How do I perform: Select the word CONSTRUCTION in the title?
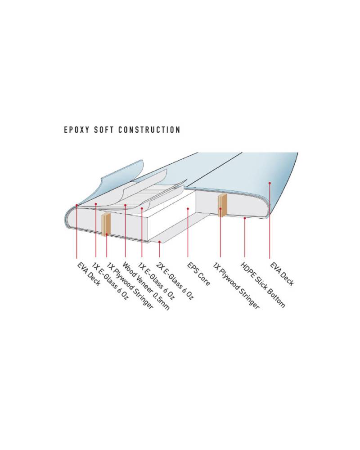(x=149, y=130)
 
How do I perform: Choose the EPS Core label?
(x=198, y=274)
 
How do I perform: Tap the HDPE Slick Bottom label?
(x=262, y=285)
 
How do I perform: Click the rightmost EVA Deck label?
(x=282, y=274)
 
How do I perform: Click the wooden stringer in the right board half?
(x=222, y=205)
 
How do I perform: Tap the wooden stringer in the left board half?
(x=106, y=225)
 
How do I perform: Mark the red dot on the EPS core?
(x=188, y=209)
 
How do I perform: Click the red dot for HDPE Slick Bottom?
(x=245, y=218)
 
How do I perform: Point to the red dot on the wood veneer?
(x=125, y=205)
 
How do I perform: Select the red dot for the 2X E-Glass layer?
(x=159, y=242)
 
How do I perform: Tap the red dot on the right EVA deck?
(x=270, y=183)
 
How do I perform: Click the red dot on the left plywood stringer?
(x=107, y=234)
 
